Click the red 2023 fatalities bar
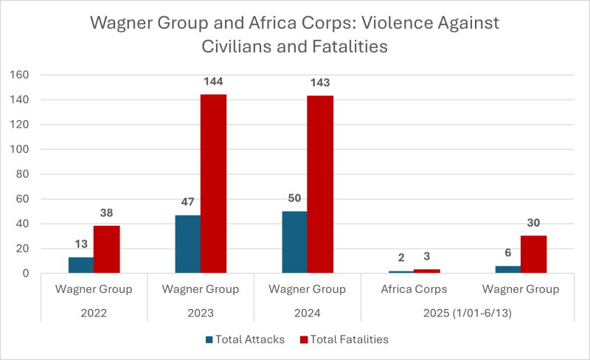(x=213, y=184)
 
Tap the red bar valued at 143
(x=320, y=184)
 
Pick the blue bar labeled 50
(x=294, y=242)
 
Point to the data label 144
(x=213, y=82)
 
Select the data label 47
(x=187, y=203)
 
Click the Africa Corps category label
(x=414, y=289)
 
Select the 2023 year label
(x=201, y=312)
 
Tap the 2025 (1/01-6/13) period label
(x=467, y=312)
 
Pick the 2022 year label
(x=94, y=312)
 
